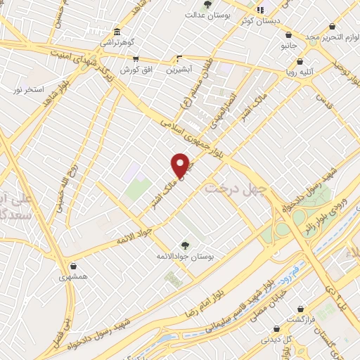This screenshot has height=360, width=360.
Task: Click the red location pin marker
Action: pyautogui.click(x=181, y=165)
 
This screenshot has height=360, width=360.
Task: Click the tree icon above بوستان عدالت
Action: pyautogui.click(x=207, y=4)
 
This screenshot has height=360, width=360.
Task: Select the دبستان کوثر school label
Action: pyautogui.click(x=260, y=20)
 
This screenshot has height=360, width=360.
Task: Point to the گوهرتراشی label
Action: pyautogui.click(x=114, y=43)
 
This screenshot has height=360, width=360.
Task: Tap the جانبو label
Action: pyautogui.click(x=290, y=45)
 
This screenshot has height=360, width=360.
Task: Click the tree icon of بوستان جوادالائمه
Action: pyautogui.click(x=185, y=245)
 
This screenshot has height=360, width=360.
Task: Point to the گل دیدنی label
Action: pyautogui.click(x=276, y=339)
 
